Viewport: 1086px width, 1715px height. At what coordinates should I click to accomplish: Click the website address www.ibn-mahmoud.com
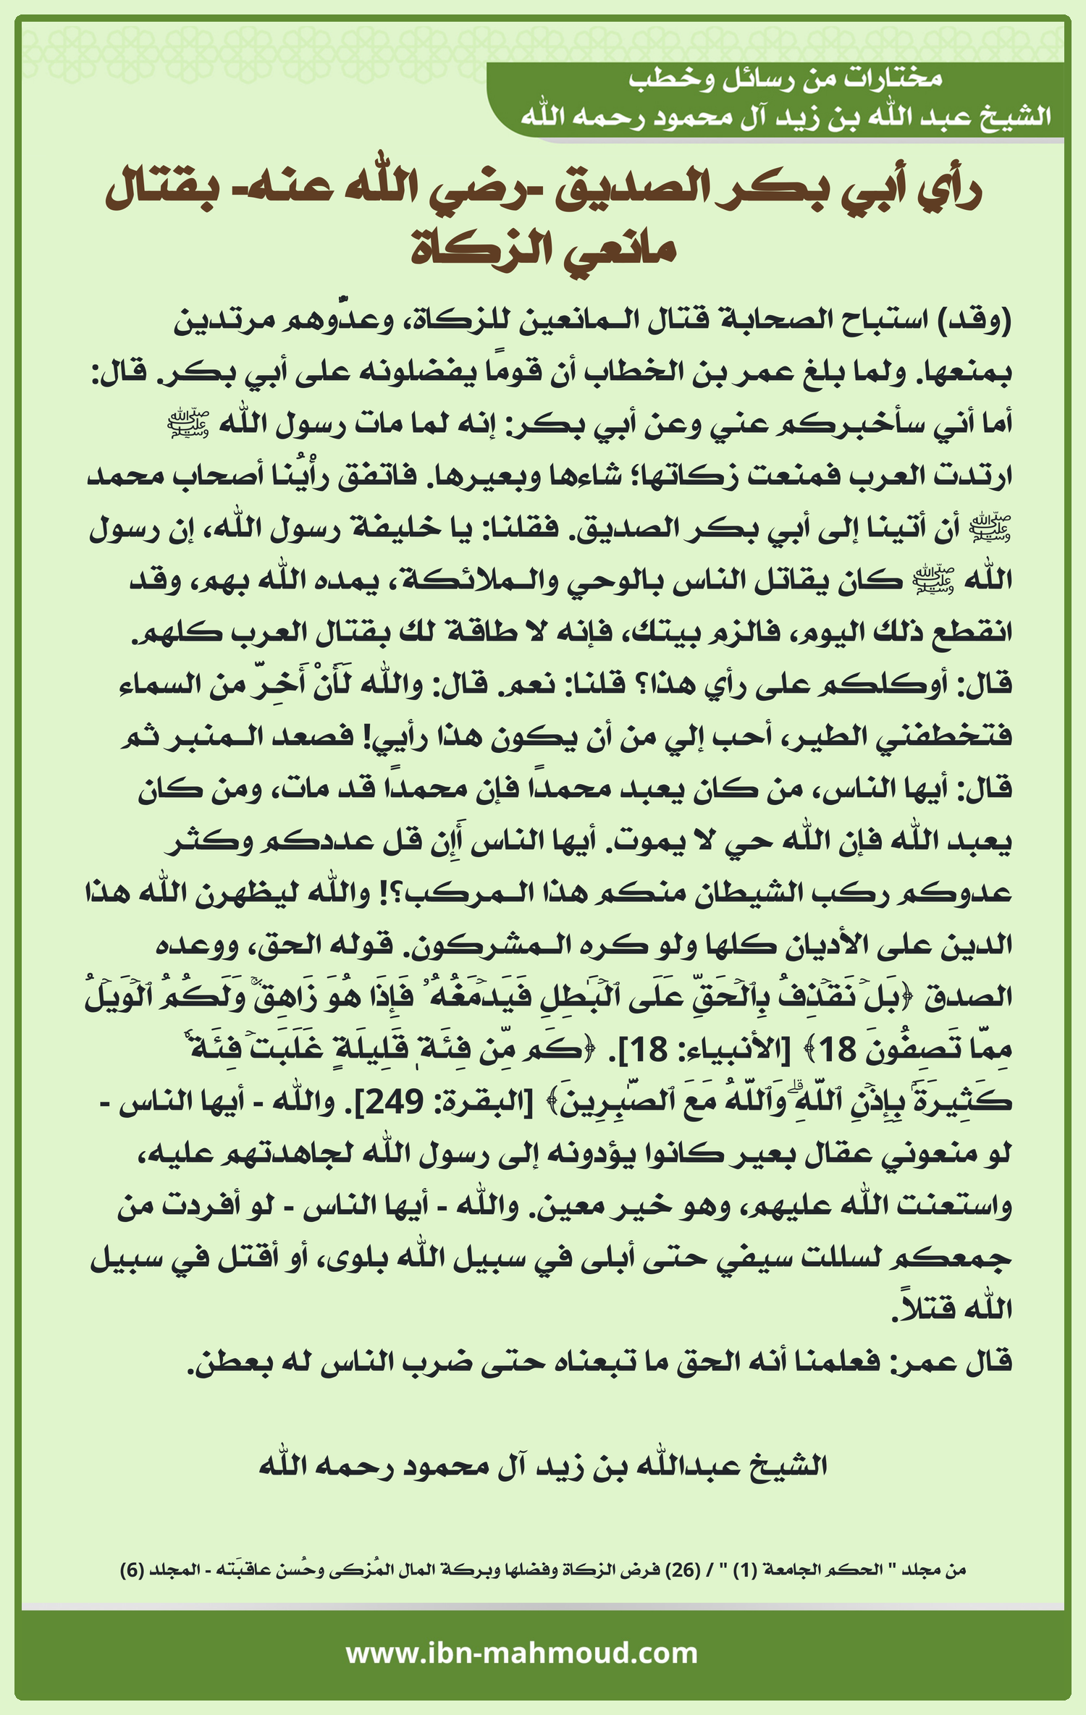point(521,1654)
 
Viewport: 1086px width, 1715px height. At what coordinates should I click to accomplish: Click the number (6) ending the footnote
point(132,1569)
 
